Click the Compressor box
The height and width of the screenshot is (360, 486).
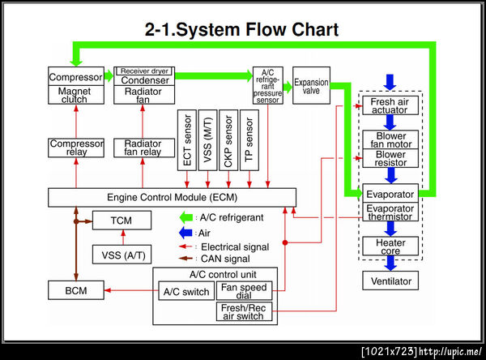(x=76, y=76)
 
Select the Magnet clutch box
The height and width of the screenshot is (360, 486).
(x=76, y=96)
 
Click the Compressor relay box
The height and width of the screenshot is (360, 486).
(x=76, y=148)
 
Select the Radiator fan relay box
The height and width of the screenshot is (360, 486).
(x=143, y=148)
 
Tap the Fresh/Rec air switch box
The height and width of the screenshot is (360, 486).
(x=245, y=311)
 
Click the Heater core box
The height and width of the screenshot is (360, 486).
(x=390, y=246)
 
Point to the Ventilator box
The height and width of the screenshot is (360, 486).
(x=390, y=281)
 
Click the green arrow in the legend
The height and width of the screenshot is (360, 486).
(x=187, y=216)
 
